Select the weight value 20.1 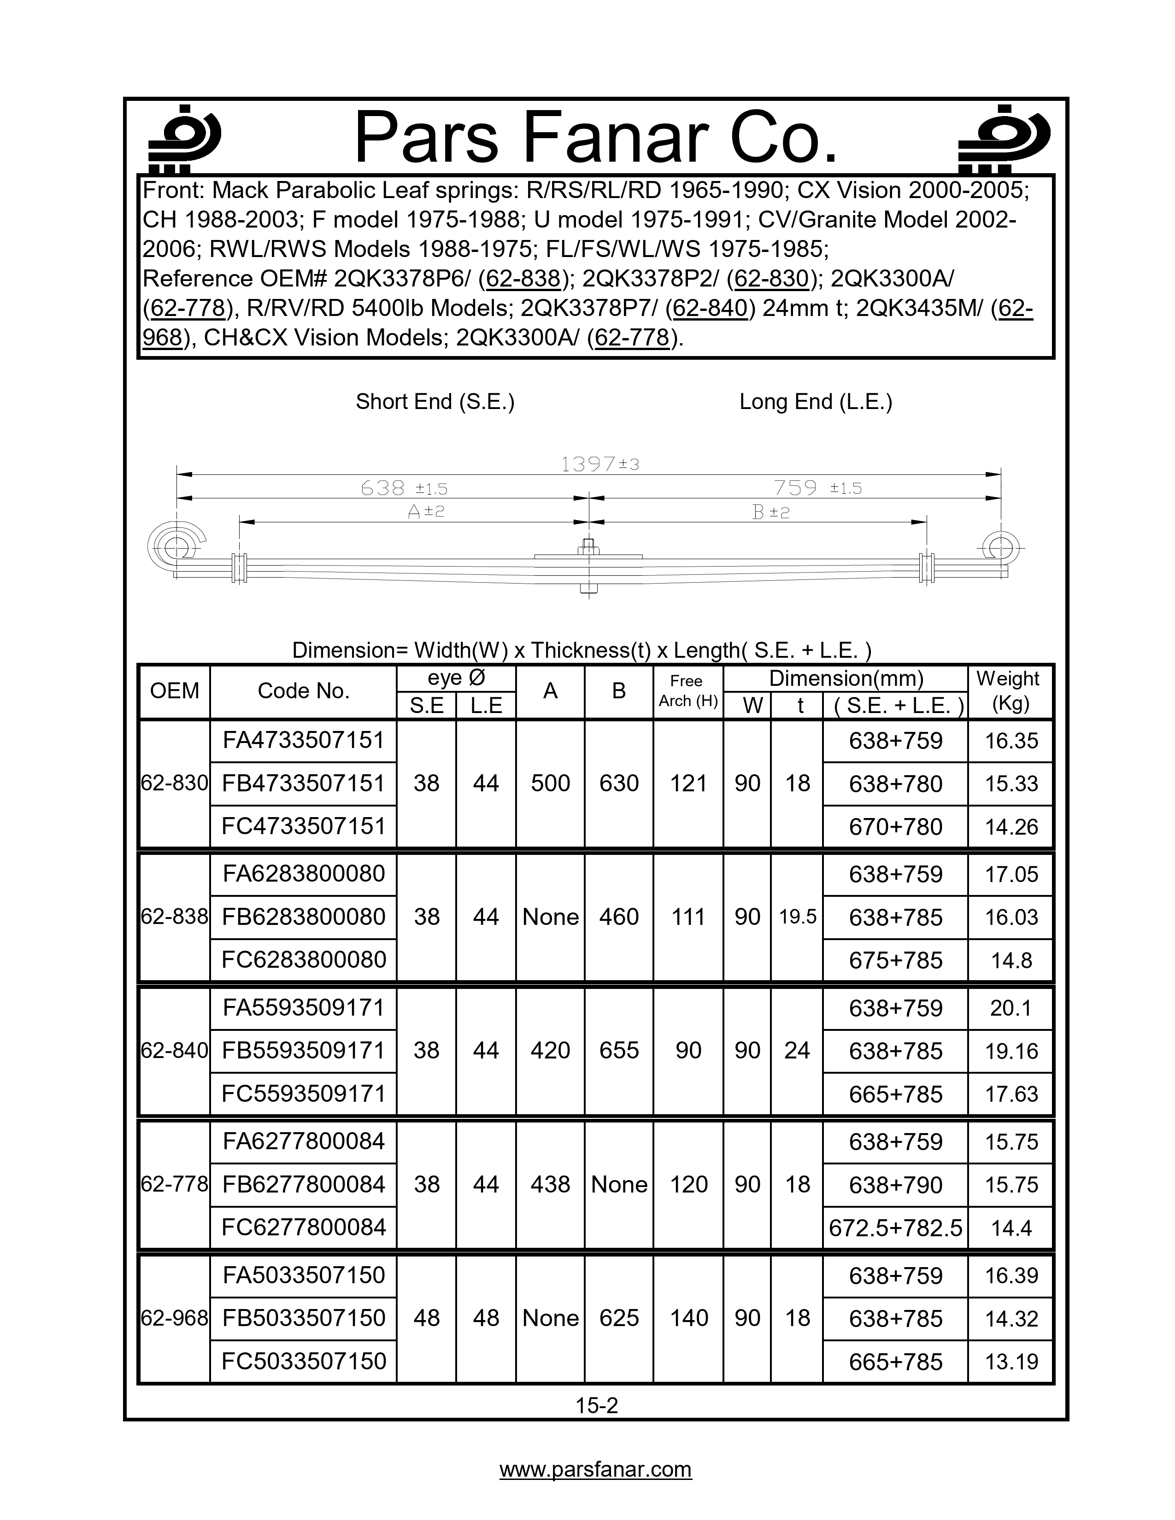[1010, 1008]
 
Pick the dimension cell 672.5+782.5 [895, 1228]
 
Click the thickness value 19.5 [797, 917]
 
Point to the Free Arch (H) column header [688, 691]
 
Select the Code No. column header [304, 691]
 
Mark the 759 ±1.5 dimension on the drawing [817, 488]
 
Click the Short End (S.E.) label [435, 402]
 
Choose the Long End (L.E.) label [816, 402]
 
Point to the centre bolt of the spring [589, 567]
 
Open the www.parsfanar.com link [596, 1469]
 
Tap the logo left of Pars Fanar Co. [184, 139]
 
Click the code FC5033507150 [304, 1361]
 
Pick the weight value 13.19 [1010, 1361]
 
